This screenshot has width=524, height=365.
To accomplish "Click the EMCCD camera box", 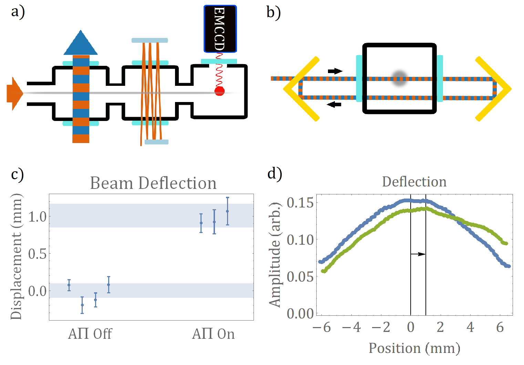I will [220, 29].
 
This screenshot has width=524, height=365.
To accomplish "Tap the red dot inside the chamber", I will [219, 91].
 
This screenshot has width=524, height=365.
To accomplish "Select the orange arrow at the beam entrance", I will [14, 93].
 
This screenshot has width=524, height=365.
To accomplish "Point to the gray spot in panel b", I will [400, 78].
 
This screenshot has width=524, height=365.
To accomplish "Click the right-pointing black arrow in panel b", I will [335, 71].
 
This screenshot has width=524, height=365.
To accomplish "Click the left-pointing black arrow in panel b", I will [334, 104].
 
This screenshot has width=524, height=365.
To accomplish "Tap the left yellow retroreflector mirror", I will [300, 89].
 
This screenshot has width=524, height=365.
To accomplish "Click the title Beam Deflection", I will [153, 183].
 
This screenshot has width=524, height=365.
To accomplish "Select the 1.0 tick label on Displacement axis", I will [37, 217].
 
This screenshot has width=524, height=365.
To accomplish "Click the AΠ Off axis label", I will [90, 334].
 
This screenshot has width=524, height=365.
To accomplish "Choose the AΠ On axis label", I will [213, 334].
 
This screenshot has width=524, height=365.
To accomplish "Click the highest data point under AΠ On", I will [227, 211].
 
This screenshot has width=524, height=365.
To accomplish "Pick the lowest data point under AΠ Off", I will [82, 305].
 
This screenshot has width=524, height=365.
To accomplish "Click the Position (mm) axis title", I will [414, 348].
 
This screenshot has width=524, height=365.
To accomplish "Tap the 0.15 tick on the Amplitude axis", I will [300, 203].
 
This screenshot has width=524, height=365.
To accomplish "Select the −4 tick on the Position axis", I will [351, 327].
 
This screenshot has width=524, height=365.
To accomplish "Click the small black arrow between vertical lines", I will [418, 254].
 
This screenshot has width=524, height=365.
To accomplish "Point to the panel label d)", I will [275, 173].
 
